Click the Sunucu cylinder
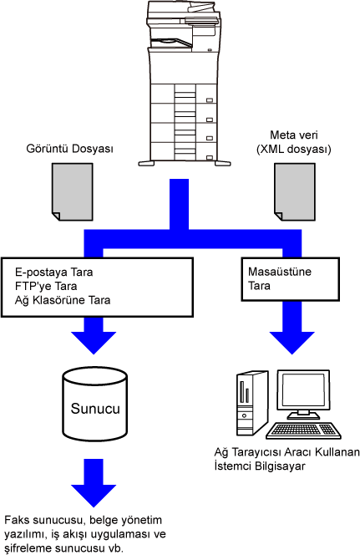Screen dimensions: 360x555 point(94,404)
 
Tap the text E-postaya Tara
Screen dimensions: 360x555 point(53,272)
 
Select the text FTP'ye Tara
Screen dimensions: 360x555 point(46,286)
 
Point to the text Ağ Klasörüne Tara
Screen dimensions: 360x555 point(63,300)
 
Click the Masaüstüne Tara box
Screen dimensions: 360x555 point(290,279)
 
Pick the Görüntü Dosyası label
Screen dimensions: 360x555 point(69,148)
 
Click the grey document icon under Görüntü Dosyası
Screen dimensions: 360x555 point(73,192)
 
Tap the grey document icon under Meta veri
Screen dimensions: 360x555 point(295,192)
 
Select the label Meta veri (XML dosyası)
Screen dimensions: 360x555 point(293,142)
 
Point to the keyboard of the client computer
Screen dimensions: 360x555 point(303,430)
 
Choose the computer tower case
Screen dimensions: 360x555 point(252,403)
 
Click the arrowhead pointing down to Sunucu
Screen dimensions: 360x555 point(94,343)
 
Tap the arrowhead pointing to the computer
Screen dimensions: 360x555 point(292,343)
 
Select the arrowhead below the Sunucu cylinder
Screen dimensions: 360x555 point(94,496)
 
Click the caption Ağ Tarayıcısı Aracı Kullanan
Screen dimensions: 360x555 point(286,452)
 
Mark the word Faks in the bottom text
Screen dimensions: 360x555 point(17,520)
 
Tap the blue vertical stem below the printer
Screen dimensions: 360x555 point(179,204)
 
